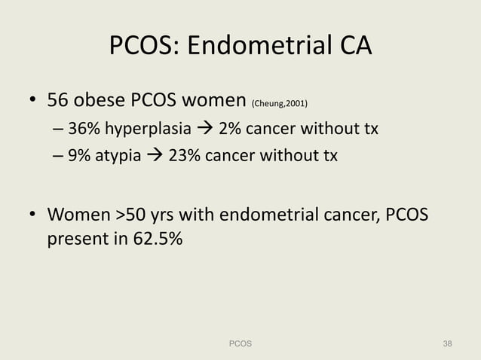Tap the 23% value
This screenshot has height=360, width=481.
click(x=186, y=156)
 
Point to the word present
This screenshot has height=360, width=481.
click(x=75, y=242)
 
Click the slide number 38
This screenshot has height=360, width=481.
click(x=448, y=343)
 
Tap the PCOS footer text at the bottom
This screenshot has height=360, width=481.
click(x=240, y=343)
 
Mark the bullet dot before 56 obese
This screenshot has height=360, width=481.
click(x=32, y=101)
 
